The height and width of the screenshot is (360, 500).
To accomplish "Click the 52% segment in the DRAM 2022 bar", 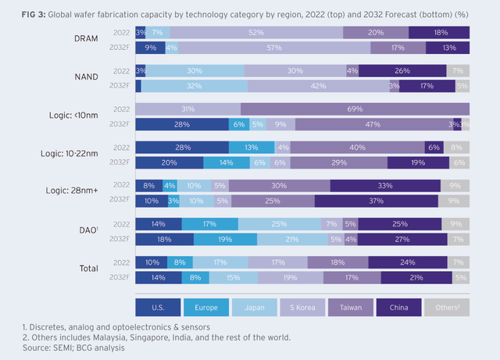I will [x=256, y=32].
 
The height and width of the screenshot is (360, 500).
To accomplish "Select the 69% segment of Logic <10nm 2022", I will [x=355, y=109].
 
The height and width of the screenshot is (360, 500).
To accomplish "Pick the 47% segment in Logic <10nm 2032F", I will [x=373, y=124].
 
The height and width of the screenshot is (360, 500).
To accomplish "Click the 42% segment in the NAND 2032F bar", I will [x=318, y=86].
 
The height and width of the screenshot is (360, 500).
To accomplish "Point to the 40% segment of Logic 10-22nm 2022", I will [x=358, y=147].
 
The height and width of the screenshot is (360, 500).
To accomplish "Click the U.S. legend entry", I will [x=159, y=306].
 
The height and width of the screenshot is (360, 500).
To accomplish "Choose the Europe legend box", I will [x=206, y=306].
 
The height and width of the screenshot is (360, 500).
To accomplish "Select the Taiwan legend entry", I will [x=351, y=306].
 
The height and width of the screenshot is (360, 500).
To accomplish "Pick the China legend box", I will [x=399, y=306].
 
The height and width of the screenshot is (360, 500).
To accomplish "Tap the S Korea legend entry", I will [x=302, y=306].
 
